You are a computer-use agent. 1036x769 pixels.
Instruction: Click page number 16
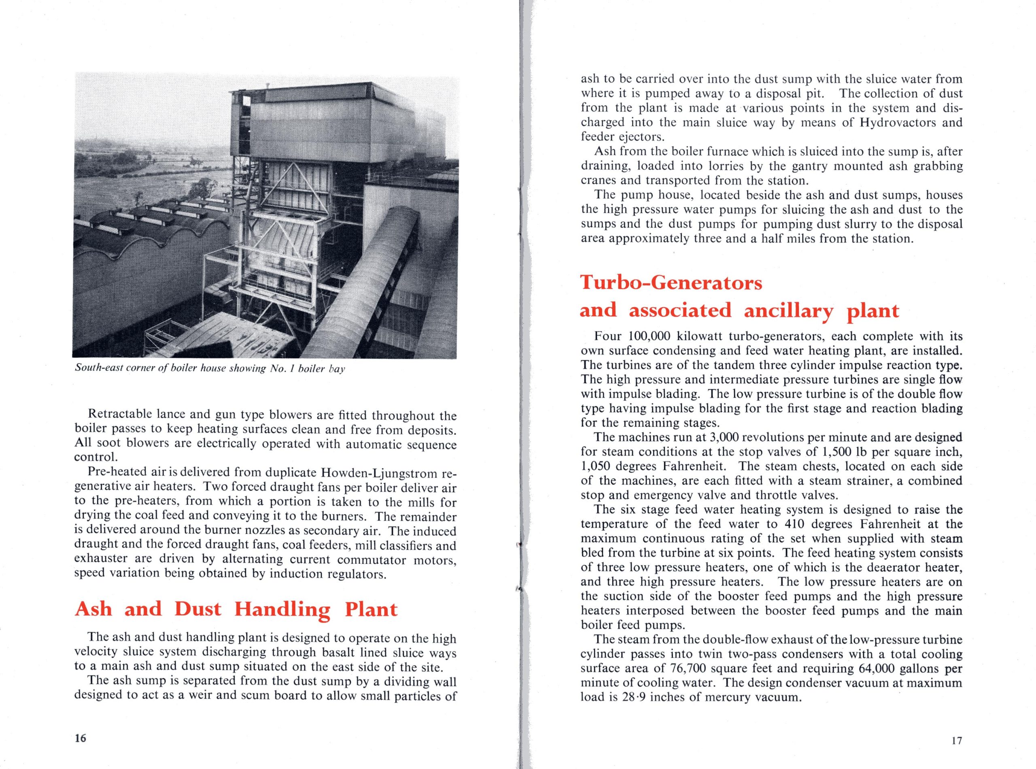click(x=81, y=738)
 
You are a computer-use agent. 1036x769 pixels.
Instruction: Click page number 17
click(x=956, y=741)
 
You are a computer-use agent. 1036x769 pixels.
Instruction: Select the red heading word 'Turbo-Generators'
click(x=671, y=283)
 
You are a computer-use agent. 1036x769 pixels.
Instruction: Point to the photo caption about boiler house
click(x=210, y=369)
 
